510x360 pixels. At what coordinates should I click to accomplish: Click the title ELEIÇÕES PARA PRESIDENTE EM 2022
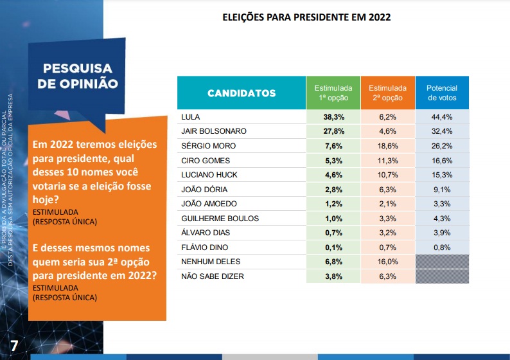click(306, 17)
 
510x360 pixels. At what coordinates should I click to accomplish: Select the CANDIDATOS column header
click(242, 93)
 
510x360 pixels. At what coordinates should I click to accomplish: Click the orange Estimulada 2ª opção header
click(387, 93)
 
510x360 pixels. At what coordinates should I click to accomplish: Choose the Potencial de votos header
click(442, 93)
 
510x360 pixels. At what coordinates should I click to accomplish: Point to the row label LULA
click(192, 116)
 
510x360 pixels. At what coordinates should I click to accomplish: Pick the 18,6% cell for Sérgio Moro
click(387, 146)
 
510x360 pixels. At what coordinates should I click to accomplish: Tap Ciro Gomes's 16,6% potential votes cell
click(442, 160)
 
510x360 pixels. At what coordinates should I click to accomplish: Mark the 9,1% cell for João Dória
click(442, 190)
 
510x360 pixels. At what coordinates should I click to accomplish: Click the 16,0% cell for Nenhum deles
click(387, 262)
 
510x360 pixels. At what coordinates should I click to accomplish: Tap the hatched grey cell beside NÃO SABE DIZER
click(442, 276)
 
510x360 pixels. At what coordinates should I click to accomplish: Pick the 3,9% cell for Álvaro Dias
click(442, 233)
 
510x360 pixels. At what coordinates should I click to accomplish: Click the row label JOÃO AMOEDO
click(210, 204)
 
